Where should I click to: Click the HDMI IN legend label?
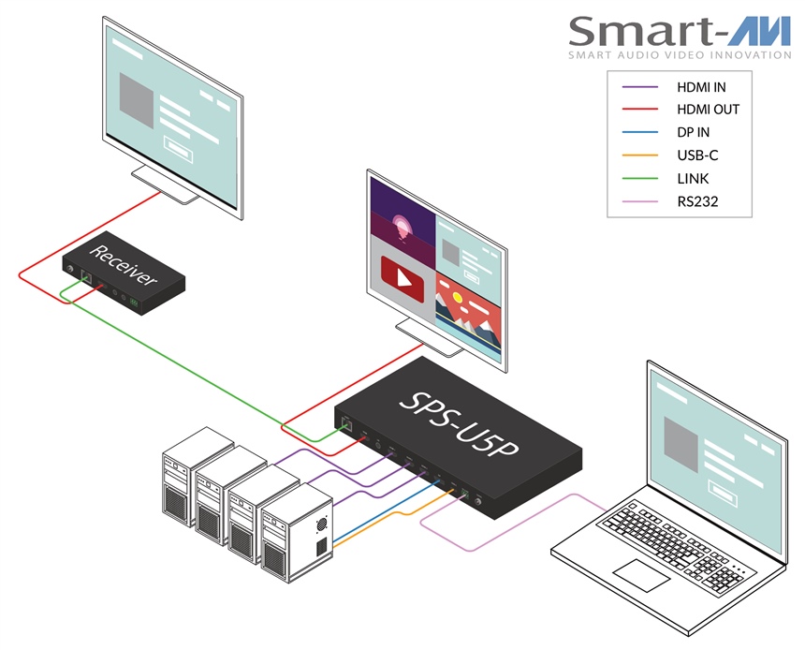(701, 87)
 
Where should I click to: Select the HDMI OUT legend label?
(708, 110)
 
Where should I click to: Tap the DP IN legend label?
(694, 133)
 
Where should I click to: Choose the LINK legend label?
(693, 178)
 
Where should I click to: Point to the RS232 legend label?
(697, 200)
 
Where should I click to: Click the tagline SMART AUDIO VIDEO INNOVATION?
(680, 56)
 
